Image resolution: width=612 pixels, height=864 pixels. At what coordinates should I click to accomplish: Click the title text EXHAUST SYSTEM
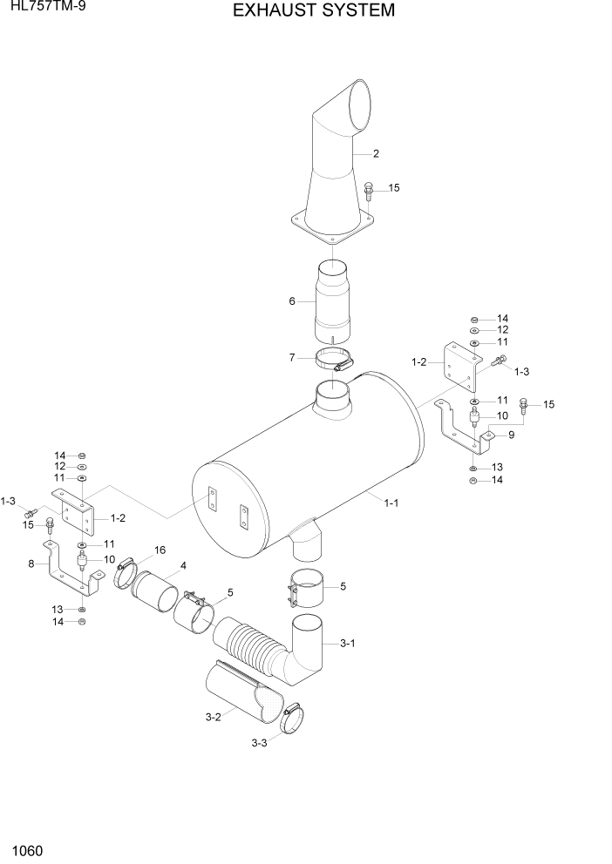coord(302,11)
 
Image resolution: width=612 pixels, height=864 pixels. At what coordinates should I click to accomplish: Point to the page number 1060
coord(28,849)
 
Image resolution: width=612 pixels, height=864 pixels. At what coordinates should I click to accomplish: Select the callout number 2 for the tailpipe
coord(376,154)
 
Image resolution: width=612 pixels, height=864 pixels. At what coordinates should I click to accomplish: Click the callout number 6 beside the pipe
coord(293,301)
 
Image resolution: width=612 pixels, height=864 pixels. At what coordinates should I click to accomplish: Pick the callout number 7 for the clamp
coord(294,357)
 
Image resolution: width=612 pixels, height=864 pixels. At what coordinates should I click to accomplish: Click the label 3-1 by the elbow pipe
coord(347,643)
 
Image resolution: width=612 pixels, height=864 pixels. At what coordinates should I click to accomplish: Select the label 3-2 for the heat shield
coord(213,717)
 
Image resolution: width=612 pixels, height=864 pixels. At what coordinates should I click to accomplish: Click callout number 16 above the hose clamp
coord(160,550)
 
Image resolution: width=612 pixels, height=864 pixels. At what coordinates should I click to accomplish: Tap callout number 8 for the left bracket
coord(31,564)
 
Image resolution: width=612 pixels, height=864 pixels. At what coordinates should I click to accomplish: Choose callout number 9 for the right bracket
coord(510,434)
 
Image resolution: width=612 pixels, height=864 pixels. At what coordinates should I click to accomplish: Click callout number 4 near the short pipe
coord(183,566)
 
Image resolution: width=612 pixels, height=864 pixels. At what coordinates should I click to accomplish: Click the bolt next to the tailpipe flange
coord(370,189)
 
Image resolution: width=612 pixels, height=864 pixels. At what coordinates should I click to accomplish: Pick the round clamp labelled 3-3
coord(294,718)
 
